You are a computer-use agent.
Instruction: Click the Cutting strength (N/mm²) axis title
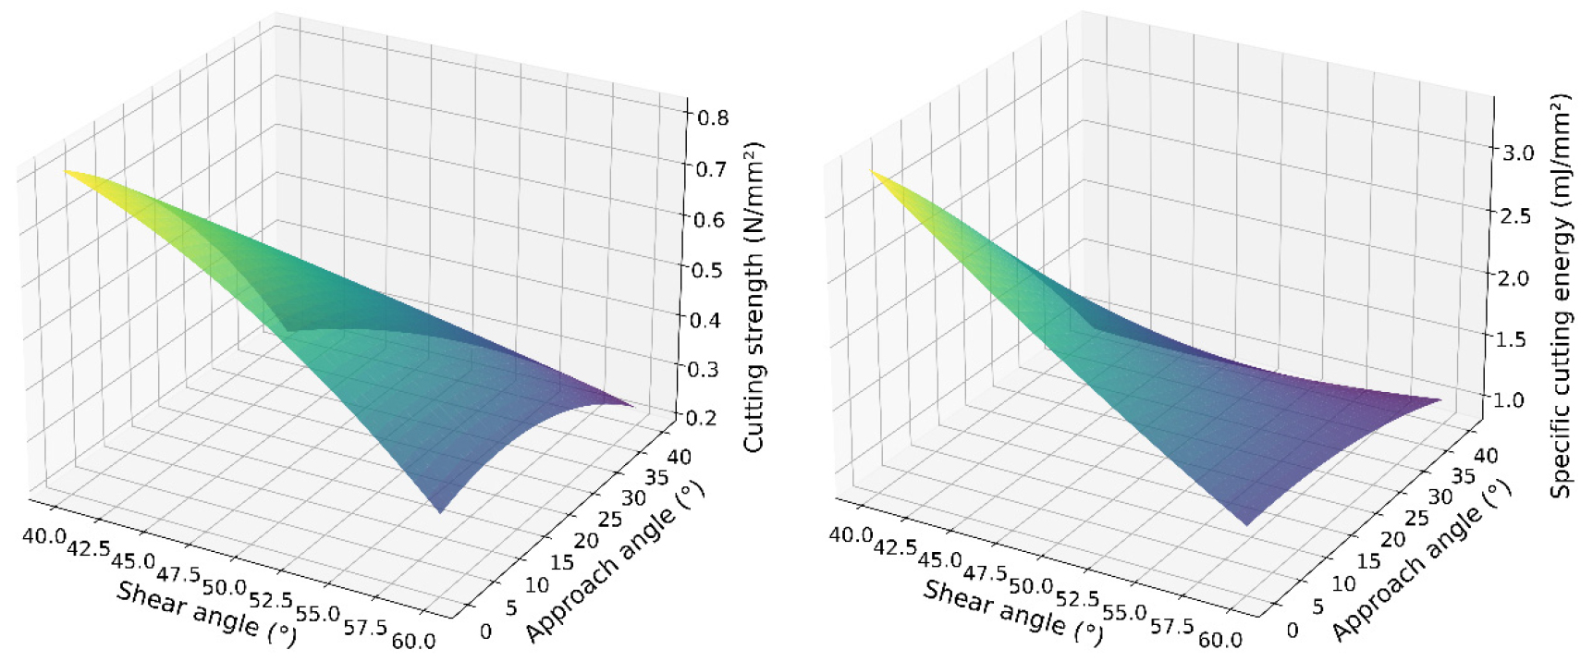pyautogui.click(x=755, y=297)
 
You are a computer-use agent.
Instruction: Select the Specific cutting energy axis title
pyautogui.click(x=1562, y=296)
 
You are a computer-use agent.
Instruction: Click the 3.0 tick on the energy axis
pyautogui.click(x=1517, y=153)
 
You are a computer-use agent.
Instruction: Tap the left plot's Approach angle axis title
pyautogui.click(x=615, y=561)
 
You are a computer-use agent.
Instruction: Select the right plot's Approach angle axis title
pyautogui.click(x=1422, y=561)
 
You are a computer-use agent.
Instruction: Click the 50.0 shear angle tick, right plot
pyautogui.click(x=1031, y=585)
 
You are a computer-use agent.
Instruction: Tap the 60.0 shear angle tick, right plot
pyautogui.click(x=1221, y=639)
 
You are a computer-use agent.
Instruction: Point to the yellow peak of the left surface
pyautogui.click(x=67, y=172)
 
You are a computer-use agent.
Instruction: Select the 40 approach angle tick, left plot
pyautogui.click(x=678, y=457)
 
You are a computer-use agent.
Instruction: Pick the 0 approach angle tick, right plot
pyautogui.click(x=1293, y=631)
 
